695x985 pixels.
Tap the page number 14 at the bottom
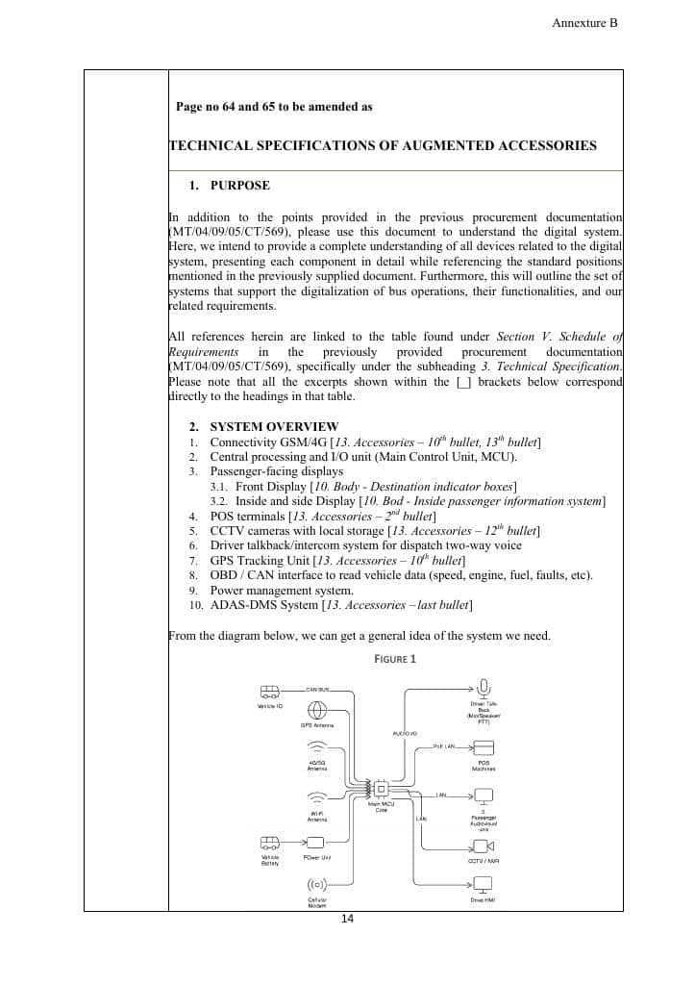(347, 920)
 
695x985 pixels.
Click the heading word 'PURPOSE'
(239, 186)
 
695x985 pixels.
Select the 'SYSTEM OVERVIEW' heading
(274, 426)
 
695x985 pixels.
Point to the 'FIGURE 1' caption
(395, 659)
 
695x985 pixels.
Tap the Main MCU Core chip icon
(382, 790)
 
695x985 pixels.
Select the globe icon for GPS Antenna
(317, 711)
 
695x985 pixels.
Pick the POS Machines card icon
(484, 747)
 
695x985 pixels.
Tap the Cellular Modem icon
(317, 885)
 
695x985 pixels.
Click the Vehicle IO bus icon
(270, 692)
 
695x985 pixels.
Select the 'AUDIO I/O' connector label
(405, 733)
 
